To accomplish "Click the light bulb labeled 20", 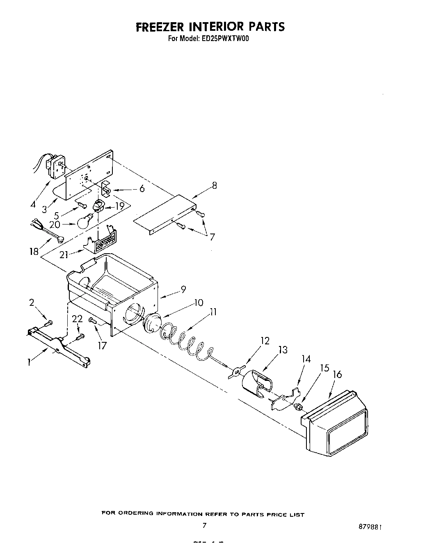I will point(84,222).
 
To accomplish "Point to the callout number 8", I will point(215,186).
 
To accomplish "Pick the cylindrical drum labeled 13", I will point(256,384).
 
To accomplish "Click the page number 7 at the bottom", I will point(204,525).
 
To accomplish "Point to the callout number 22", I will point(78,319).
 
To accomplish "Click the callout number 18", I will point(34,252).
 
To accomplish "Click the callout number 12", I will point(265,341).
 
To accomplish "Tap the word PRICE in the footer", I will point(270,514).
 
